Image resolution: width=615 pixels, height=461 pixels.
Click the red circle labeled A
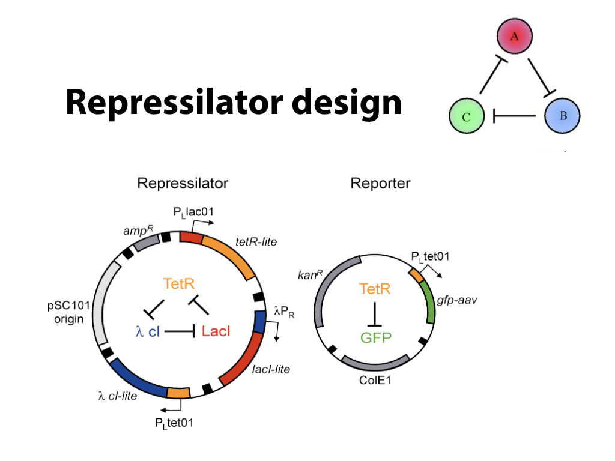pos(515,38)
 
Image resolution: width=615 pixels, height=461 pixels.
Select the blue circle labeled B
pos(562,116)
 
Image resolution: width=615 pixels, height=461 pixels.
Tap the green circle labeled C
pos(467,116)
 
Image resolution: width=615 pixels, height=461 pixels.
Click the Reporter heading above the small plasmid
pos(380,183)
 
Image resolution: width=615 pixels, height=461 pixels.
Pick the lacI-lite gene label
pos(270,369)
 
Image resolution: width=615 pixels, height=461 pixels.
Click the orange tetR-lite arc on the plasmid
pos(231,253)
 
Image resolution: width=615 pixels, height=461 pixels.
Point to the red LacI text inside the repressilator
pos(216,330)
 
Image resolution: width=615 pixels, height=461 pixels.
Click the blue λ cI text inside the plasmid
pos(148,331)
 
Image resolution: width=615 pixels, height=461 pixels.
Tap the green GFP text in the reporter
pos(376,337)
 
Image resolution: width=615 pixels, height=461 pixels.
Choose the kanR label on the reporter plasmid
pos(311,276)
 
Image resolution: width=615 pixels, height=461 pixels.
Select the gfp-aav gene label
pos(457,300)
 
